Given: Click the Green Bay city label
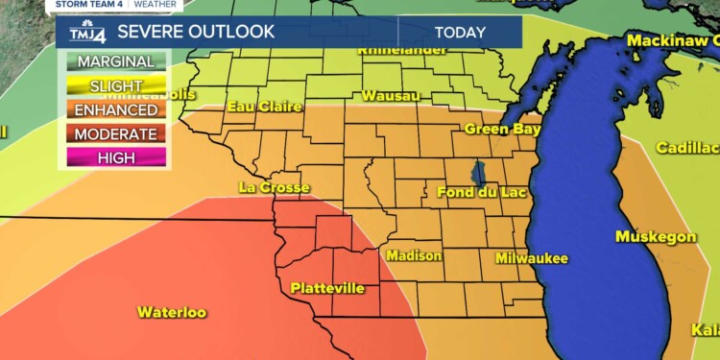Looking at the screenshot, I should tap(503, 129).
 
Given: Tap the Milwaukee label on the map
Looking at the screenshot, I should tap(532, 258).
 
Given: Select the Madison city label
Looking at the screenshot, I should tap(414, 255).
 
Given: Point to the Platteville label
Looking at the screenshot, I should tap(327, 287).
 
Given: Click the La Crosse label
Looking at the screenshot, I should tap(275, 187).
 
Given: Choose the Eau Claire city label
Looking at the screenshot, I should tap(264, 107).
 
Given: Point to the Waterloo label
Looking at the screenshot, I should tap(172, 312).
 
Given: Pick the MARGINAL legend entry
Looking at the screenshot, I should tap(115, 61).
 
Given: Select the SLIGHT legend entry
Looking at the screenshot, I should tap(115, 86).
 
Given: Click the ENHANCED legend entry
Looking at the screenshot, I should tap(115, 110).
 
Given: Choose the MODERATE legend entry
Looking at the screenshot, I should tap(115, 134).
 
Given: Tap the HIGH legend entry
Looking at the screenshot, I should tap(115, 158).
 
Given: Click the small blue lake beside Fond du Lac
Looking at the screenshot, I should tap(478, 175).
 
